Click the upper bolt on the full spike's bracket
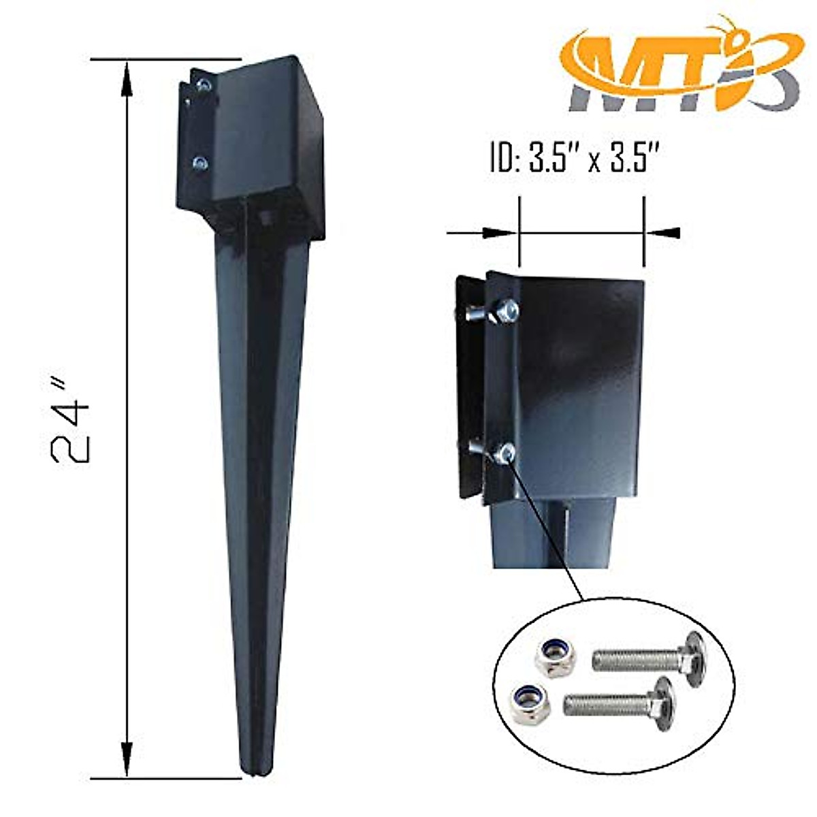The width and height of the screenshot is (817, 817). coord(203,84)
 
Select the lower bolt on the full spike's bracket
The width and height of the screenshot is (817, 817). coord(200,162)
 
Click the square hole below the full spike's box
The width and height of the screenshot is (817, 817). coord(263,218)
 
